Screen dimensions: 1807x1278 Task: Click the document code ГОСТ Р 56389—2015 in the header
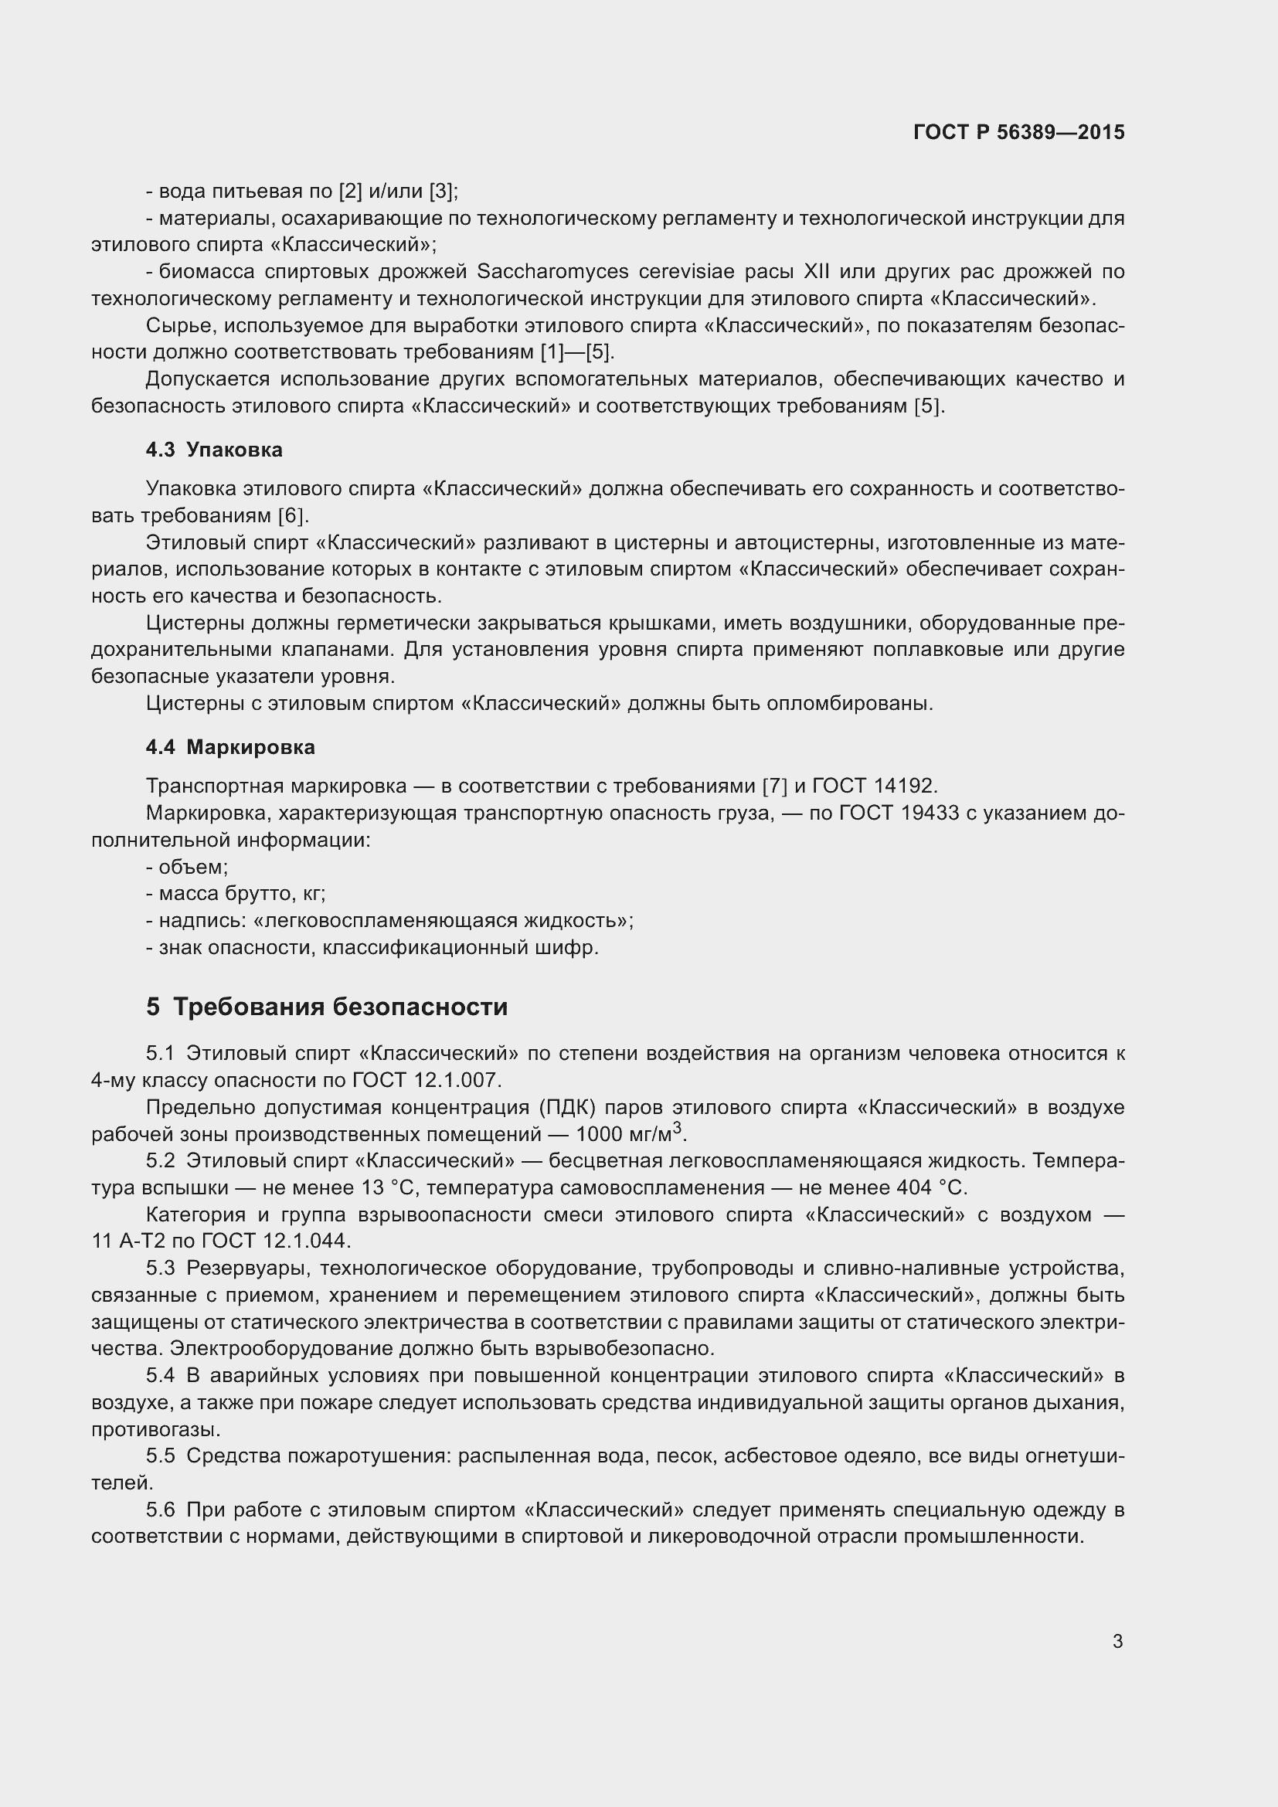point(1018,132)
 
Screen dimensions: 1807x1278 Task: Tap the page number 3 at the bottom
point(1117,1641)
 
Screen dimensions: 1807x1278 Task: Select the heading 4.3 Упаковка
point(214,450)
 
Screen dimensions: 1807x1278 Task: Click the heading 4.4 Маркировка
point(230,747)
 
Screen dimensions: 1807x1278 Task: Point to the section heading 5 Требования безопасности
point(327,1007)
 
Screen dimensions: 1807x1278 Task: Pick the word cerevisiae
point(695,271)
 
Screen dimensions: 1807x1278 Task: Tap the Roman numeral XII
point(811,271)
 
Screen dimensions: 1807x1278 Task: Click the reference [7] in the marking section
point(774,786)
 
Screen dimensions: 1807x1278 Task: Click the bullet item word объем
point(193,867)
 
